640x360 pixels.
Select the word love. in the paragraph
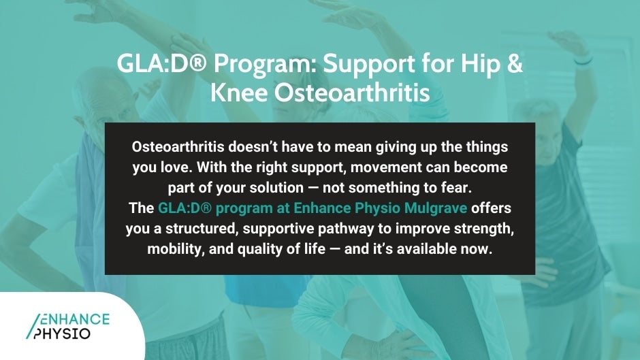point(180,167)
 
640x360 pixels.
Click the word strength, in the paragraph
point(482,229)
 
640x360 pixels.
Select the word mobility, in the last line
point(175,250)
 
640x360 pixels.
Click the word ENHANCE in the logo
point(72,319)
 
